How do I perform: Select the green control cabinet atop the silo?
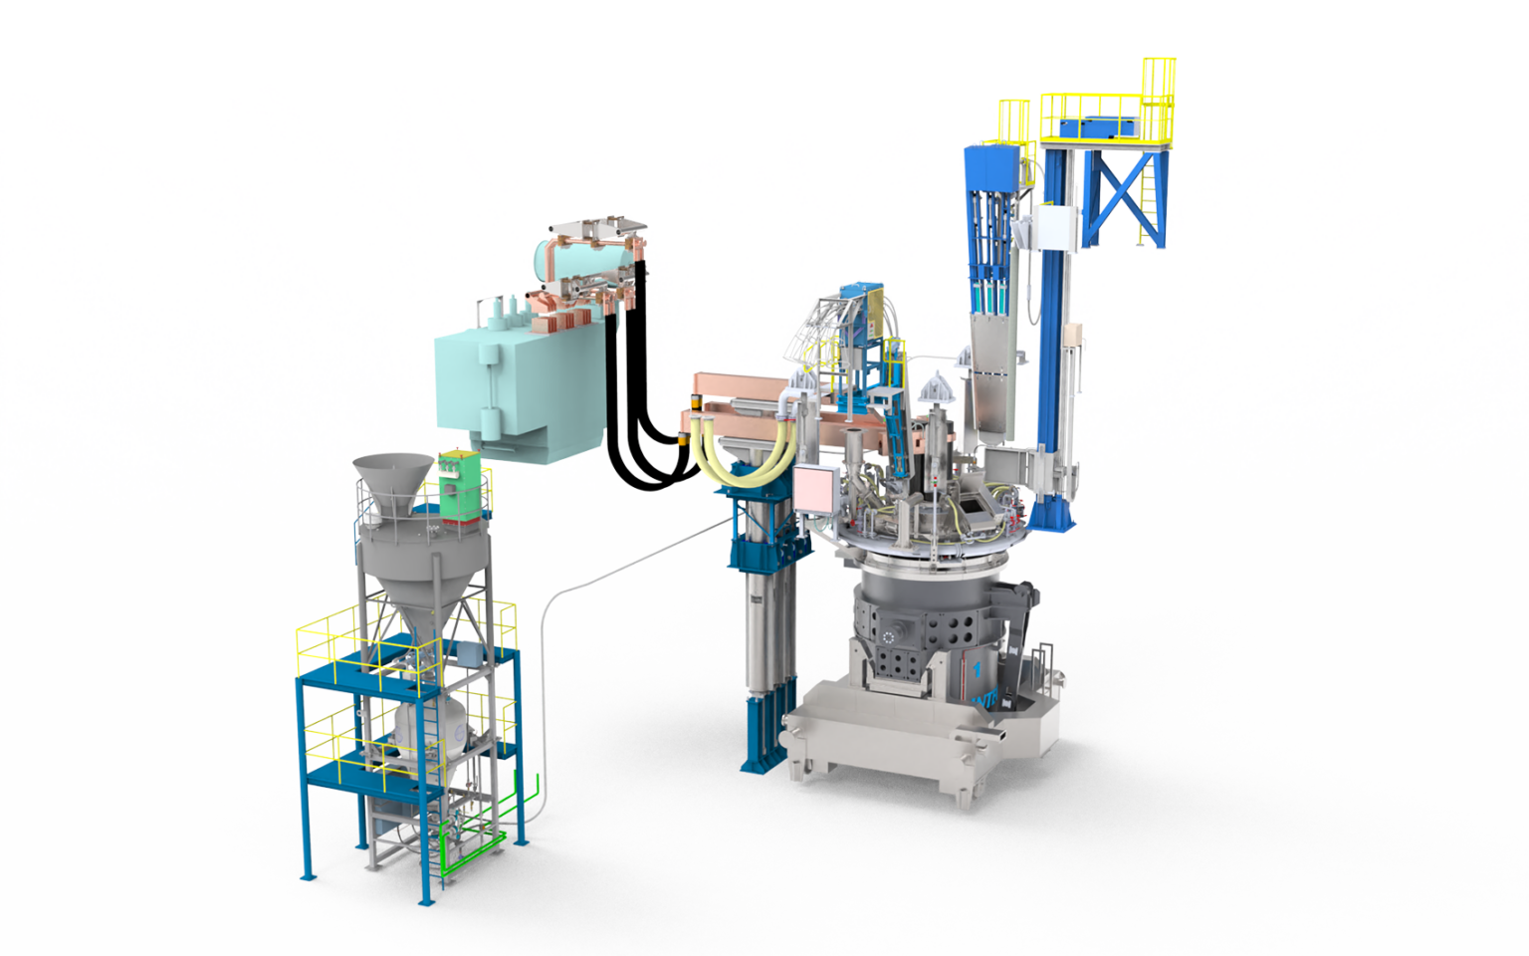[461, 485]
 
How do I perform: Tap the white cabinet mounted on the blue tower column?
[1053, 229]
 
